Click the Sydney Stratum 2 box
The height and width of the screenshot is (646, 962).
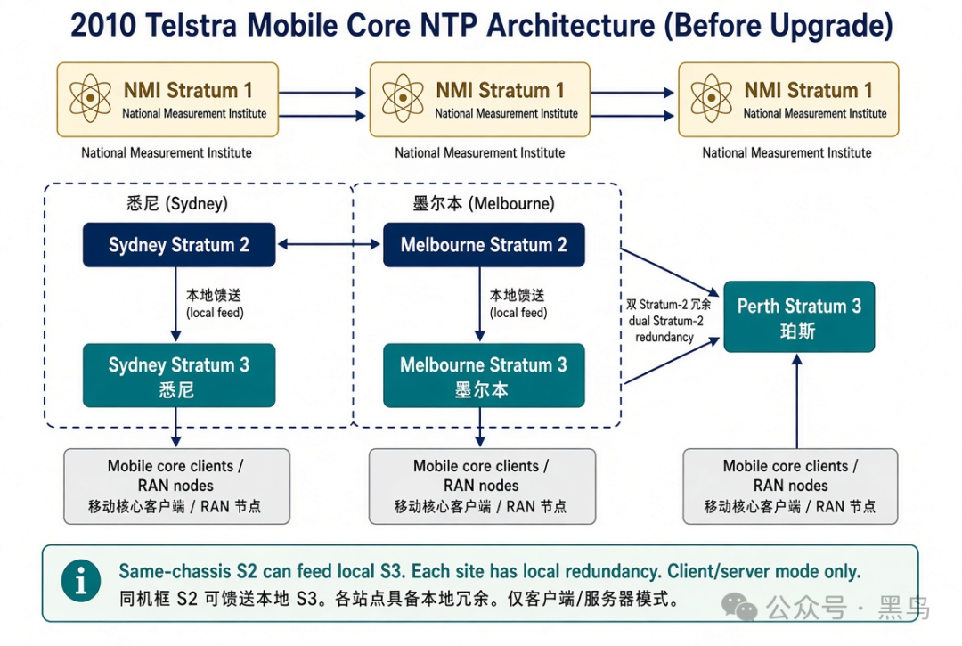tap(179, 245)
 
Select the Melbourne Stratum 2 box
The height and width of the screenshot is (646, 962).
tap(484, 245)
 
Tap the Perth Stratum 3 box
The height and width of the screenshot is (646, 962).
tap(799, 316)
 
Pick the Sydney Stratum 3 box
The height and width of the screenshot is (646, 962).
tap(179, 375)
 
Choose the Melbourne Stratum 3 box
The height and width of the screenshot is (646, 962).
tap(484, 375)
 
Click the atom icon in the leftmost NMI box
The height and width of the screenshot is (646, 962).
tap(90, 98)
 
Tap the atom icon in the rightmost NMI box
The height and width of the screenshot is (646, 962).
tap(711, 98)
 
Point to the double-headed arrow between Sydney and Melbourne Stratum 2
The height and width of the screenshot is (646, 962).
tap(329, 244)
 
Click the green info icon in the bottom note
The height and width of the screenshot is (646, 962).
tap(81, 580)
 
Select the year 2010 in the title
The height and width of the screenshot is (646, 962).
tap(103, 26)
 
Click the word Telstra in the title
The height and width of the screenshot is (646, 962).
tap(192, 26)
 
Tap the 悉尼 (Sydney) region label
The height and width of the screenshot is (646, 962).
tap(177, 203)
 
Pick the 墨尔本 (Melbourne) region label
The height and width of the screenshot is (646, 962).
tap(484, 203)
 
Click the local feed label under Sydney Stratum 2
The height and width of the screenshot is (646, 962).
tap(214, 304)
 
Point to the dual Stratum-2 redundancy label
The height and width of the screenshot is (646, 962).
tap(667, 321)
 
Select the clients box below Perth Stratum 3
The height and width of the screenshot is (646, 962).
tap(790, 487)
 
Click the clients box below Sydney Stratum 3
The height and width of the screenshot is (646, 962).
tap(176, 487)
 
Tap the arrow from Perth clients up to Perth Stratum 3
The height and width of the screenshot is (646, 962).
tap(797, 401)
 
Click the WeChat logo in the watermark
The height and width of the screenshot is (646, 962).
tap(739, 606)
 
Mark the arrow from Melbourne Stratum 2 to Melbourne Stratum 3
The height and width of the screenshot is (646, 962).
tap(480, 305)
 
